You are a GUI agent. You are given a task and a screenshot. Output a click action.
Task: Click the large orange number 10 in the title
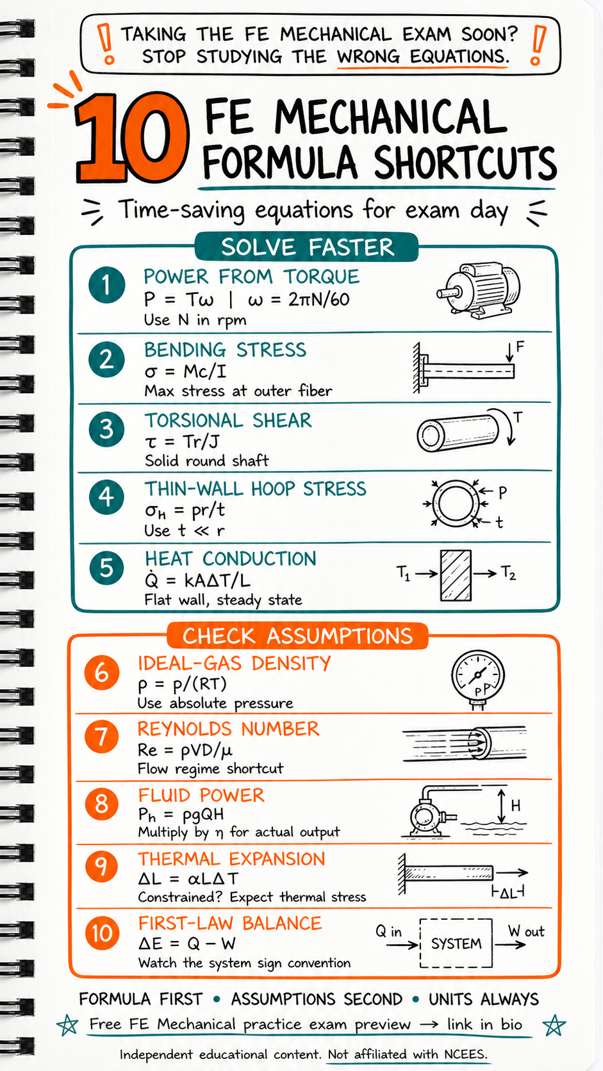pos(131,138)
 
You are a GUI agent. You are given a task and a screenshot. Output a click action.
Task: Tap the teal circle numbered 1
pos(106,285)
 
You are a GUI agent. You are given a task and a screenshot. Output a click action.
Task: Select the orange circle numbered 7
pos(101,737)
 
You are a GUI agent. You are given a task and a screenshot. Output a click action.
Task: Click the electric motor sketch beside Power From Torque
pos(478,291)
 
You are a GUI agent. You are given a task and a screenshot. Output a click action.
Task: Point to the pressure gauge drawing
pos(477,680)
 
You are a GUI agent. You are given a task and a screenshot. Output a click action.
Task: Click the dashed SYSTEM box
pos(456,943)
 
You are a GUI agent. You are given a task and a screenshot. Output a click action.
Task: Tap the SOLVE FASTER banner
pos(307,247)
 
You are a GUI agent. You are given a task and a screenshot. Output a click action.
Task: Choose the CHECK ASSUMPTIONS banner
pos(297,636)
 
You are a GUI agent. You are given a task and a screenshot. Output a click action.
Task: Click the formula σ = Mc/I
pos(186,371)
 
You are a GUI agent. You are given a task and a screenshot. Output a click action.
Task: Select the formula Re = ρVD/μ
pos(185,749)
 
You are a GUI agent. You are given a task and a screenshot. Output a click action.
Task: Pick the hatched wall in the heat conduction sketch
pos(456,575)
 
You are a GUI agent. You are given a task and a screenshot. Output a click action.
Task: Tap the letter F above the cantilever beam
pos(520,346)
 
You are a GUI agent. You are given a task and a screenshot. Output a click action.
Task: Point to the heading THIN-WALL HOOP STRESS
pos(255,489)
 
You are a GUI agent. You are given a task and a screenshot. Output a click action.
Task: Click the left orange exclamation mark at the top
pos(106,44)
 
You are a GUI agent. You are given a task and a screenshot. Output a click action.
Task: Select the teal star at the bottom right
pos(554,1025)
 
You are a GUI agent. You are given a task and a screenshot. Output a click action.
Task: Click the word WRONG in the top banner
pos(368,56)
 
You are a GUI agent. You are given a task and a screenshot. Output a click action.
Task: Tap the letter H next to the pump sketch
pos(515,806)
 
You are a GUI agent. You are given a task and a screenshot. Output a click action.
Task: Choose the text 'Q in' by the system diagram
pos(388,931)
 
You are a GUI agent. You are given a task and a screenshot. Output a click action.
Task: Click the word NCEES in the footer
pos(465,1054)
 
